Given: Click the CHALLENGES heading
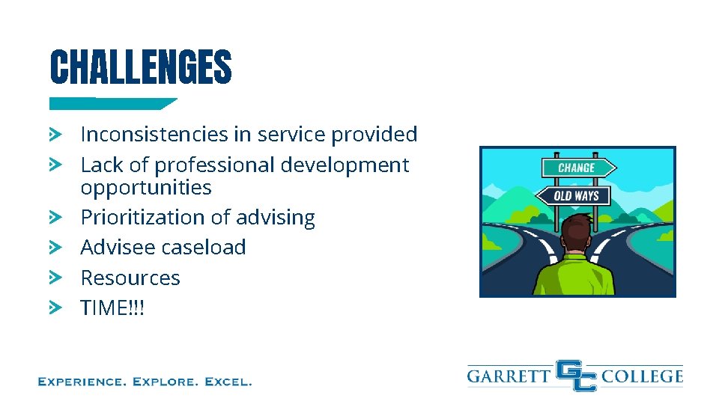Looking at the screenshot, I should click(141, 67).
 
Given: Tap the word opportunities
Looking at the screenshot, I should click(146, 187).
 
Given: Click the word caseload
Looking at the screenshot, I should click(204, 248).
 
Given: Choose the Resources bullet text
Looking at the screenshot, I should click(130, 278).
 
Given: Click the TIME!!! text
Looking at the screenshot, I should click(112, 307).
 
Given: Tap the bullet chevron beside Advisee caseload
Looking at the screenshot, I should click(55, 247).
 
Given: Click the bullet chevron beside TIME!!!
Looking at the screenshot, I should click(55, 307).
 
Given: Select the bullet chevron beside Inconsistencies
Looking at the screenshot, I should click(55, 134).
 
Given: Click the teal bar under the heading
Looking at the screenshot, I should click(112, 104).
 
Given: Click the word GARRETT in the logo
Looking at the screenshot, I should click(509, 376).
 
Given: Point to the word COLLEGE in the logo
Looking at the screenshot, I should click(643, 376).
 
